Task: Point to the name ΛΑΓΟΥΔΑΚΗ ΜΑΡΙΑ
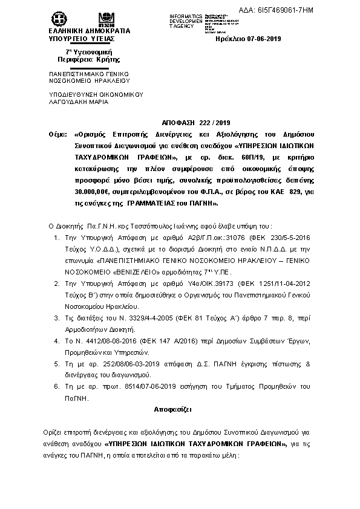pyautogui.click(x=79, y=102)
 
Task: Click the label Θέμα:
pyautogui.click(x=59, y=134)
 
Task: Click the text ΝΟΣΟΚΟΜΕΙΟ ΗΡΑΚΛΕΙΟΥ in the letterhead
pyautogui.click(x=89, y=80)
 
